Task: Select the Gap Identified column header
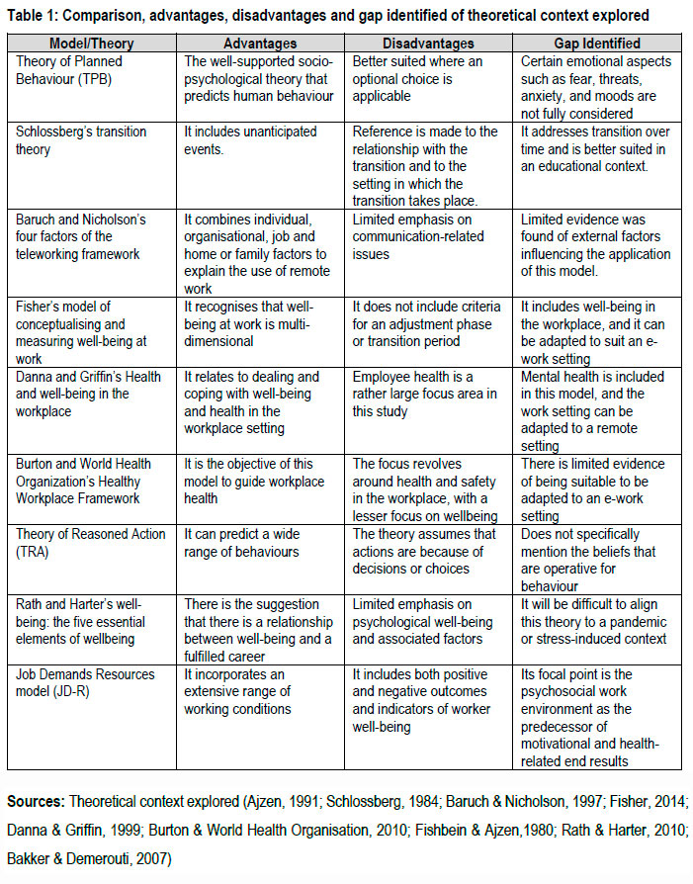[598, 44]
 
